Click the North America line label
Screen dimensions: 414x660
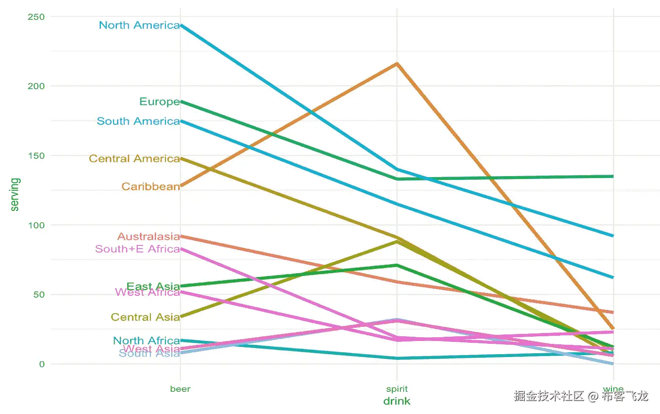coord(139,25)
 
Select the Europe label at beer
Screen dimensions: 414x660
coord(159,102)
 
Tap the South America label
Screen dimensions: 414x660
coord(138,122)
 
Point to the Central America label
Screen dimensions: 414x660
coord(134,159)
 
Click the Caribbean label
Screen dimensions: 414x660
coord(150,187)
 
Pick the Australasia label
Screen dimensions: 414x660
coord(148,236)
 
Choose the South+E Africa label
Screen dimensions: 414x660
coord(137,249)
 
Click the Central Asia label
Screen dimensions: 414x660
coord(145,317)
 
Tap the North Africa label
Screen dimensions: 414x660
coord(146,341)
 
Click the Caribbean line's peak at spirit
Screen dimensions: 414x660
coord(397,64)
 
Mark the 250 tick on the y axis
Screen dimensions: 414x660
coord(36,17)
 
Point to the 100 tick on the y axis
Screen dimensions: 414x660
coord(36,225)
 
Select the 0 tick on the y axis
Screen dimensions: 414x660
coord(42,364)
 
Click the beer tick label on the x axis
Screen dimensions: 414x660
coord(180,389)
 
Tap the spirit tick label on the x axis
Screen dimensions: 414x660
coord(397,389)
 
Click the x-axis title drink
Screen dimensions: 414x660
coord(397,401)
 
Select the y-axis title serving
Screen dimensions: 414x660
coord(15,195)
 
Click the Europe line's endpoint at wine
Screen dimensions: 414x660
coord(613,177)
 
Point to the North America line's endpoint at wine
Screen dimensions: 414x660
coord(613,235)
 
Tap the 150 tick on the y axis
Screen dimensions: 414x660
coord(36,156)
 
